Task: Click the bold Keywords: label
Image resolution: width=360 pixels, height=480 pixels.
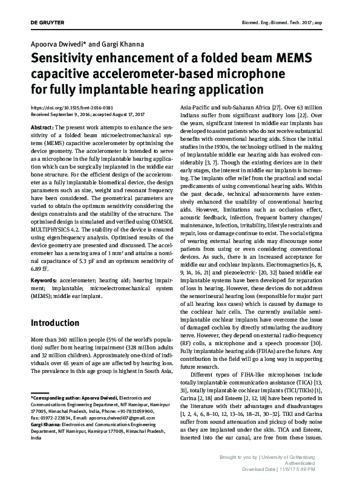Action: pyautogui.click(x=44, y=281)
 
